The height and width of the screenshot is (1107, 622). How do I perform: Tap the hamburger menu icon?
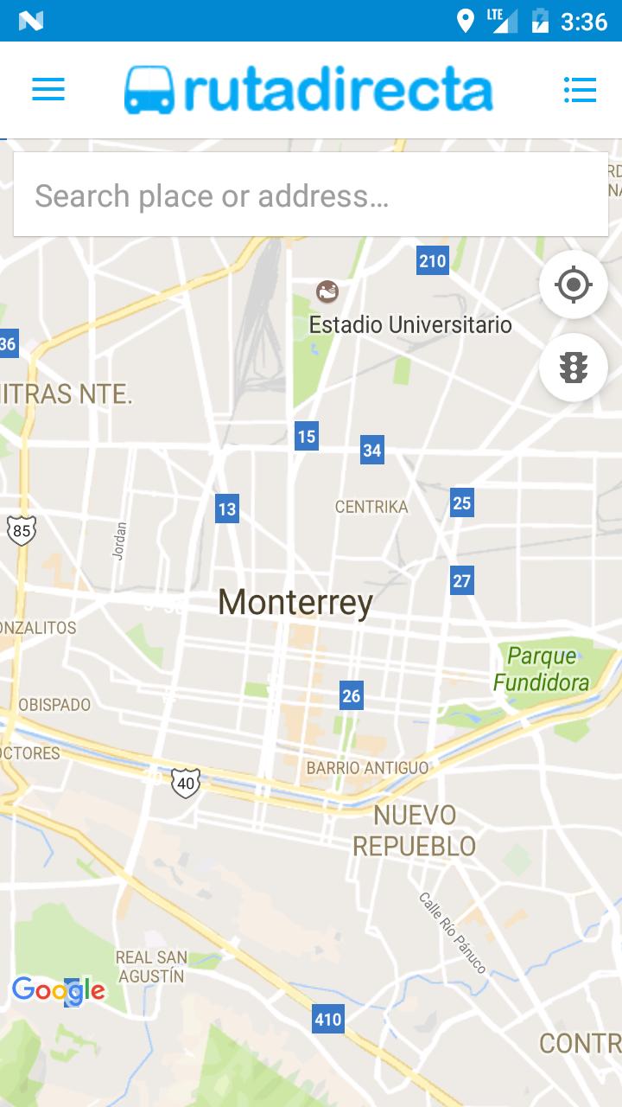pos(48,89)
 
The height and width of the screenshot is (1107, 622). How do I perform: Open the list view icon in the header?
pos(580,89)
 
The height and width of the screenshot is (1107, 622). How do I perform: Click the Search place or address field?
pos(311,195)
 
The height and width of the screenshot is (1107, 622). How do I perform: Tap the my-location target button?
pos(574,284)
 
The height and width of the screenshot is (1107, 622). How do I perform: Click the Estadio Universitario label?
pos(410,325)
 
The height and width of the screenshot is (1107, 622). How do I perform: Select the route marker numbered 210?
pos(433,260)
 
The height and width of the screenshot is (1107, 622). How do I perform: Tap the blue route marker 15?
pos(307,436)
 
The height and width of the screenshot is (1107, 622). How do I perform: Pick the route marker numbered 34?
pos(372,450)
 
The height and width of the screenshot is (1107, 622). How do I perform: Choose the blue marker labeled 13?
pos(227,509)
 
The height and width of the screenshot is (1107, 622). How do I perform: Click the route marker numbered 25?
pos(462,502)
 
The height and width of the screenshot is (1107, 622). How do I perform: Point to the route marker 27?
pos(462,580)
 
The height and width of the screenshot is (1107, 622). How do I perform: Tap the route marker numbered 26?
pos(351,695)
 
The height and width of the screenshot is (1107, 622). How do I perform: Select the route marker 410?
pos(328,1019)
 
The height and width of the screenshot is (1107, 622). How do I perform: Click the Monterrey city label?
pos(295,602)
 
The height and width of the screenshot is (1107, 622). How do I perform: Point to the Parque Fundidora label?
pos(542,669)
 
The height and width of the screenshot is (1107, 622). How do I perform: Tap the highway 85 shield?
pos(22,529)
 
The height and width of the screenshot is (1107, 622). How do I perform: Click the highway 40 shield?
pos(185,783)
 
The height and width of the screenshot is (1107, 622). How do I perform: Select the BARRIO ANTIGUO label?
pos(367,768)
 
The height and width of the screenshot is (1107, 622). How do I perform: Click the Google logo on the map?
pos(59,990)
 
